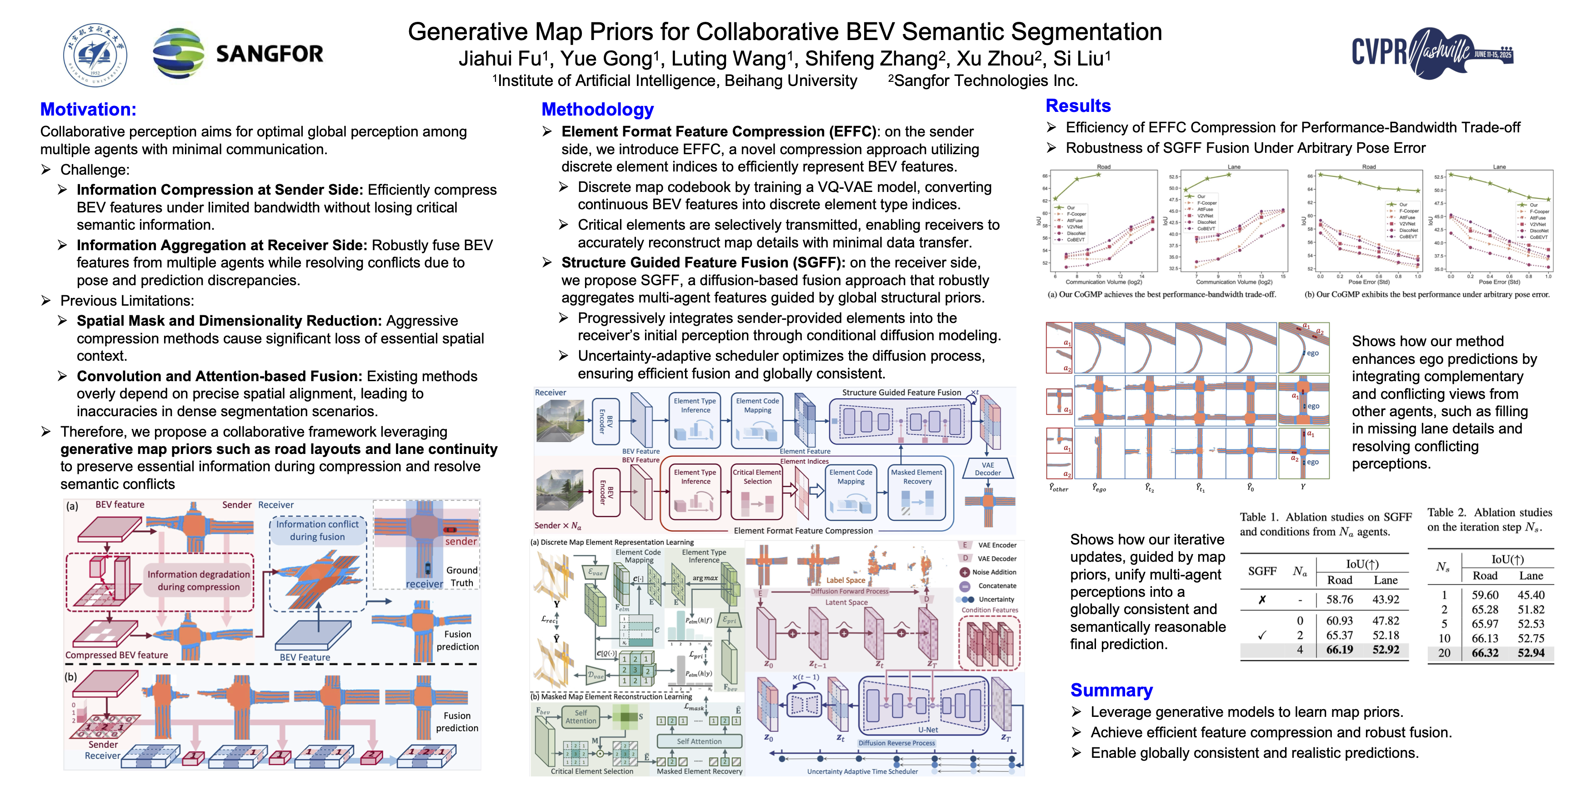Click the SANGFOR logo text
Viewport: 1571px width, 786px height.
269,54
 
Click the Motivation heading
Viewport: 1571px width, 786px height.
89,109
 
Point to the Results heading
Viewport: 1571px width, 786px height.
1078,106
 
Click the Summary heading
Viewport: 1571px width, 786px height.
1111,690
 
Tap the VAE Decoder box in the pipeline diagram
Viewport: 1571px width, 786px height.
987,469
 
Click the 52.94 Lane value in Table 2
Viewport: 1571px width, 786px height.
1531,653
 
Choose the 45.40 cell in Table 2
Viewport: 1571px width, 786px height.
1531,595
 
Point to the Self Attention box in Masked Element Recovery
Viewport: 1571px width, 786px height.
699,741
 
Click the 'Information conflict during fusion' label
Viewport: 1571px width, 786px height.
317,530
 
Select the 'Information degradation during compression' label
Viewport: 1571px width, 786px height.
198,580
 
